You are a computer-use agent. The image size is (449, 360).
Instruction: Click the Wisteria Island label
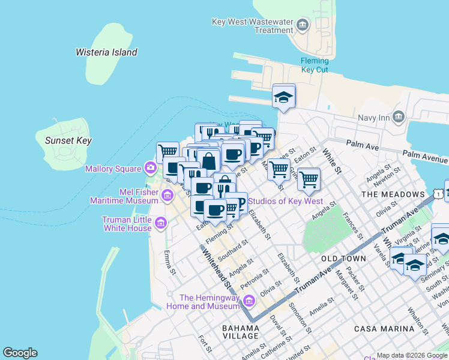pyautogui.click(x=106, y=52)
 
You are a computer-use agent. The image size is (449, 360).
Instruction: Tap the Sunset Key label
pyautogui.click(x=68, y=141)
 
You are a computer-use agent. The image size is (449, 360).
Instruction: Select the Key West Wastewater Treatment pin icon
pyautogui.click(x=302, y=25)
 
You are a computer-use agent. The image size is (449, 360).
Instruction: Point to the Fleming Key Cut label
pyautogui.click(x=315, y=65)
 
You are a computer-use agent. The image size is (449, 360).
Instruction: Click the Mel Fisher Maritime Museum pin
pyautogui.click(x=167, y=194)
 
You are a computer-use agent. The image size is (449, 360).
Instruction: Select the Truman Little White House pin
pyautogui.click(x=160, y=224)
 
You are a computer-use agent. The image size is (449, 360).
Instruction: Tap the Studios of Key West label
pyautogui.click(x=285, y=202)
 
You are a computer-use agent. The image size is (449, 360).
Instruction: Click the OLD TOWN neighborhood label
pyautogui.click(x=343, y=259)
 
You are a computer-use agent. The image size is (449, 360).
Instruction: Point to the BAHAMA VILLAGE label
pyautogui.click(x=241, y=328)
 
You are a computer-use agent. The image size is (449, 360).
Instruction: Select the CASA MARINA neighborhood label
pyautogui.click(x=384, y=329)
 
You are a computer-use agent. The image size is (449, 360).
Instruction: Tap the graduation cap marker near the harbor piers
pyautogui.click(x=283, y=97)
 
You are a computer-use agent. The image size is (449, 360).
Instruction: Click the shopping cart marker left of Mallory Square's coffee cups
pyautogui.click(x=167, y=151)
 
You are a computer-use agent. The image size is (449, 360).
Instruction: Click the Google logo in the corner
pyautogui.click(x=20, y=353)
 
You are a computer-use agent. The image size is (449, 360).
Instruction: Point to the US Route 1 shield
pyautogui.click(x=440, y=193)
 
